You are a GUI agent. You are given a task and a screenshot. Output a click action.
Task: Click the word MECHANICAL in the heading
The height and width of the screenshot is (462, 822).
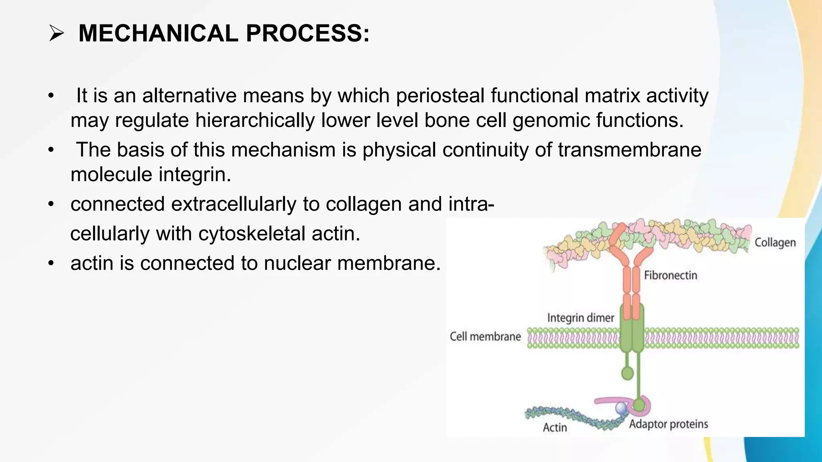[x=158, y=33]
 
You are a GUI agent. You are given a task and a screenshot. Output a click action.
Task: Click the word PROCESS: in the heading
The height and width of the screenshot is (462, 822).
[x=307, y=33]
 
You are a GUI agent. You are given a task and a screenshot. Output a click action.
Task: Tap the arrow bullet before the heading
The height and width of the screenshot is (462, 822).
[x=57, y=33]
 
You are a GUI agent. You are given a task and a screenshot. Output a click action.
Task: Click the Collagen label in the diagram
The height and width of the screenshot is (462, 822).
[x=775, y=243]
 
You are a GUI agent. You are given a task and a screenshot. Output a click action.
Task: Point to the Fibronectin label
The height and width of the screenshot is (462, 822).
[x=670, y=276]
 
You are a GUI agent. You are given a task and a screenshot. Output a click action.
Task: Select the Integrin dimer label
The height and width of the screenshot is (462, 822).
[x=580, y=318]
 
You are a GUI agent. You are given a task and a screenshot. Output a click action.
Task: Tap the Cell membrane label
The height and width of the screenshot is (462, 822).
[x=485, y=336]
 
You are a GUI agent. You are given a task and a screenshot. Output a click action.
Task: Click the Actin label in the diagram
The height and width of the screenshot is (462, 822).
[x=555, y=428]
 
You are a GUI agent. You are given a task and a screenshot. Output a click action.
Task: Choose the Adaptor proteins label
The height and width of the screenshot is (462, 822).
[x=668, y=424]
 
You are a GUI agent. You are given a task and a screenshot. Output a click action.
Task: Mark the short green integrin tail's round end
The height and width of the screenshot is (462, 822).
[x=627, y=374]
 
